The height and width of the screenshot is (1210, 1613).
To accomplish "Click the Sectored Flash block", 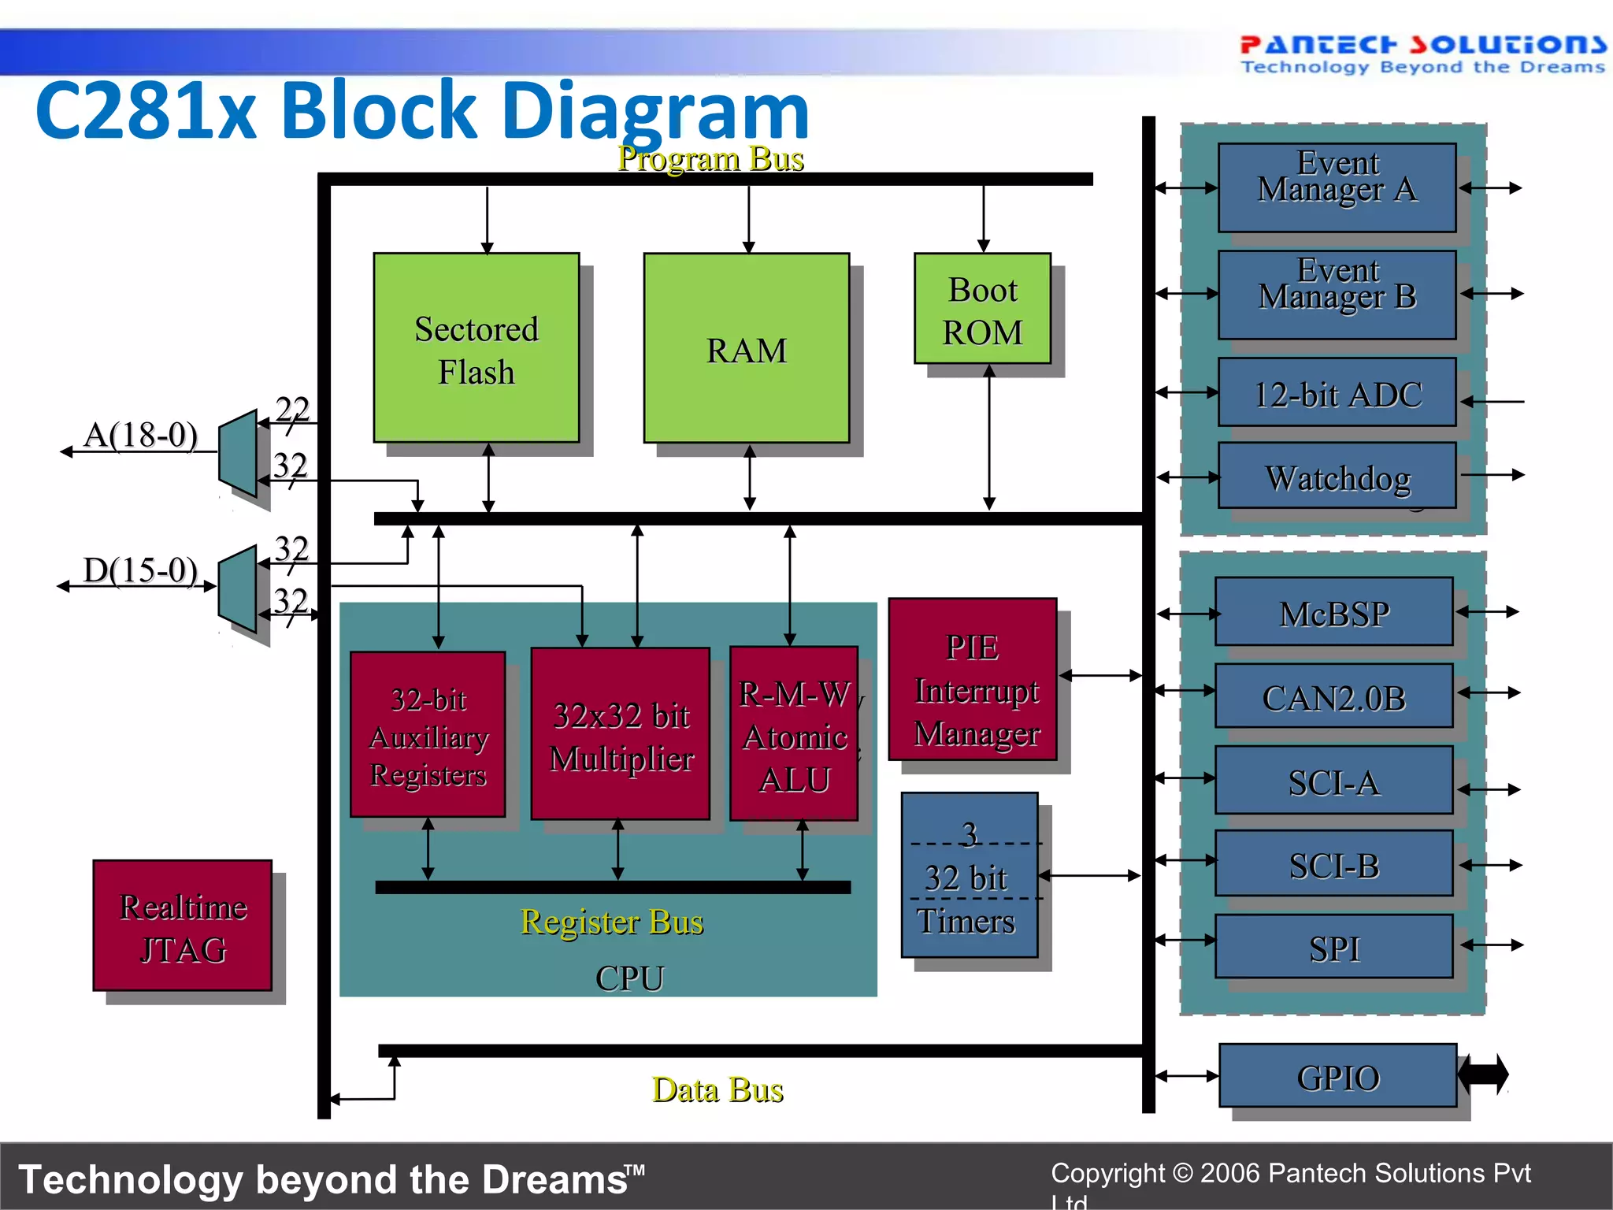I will (x=476, y=348).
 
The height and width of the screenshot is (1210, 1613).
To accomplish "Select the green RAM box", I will (x=746, y=348).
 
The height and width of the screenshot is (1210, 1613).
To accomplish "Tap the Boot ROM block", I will (x=982, y=309).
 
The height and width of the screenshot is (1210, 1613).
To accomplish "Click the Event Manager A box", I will (x=1337, y=187).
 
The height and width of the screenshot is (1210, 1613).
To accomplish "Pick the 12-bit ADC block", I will (x=1337, y=393).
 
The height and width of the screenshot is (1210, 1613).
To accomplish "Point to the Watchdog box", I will (x=1337, y=476).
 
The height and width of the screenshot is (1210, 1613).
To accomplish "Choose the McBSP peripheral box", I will (x=1333, y=612).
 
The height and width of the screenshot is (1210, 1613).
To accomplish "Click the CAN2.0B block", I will (x=1333, y=696).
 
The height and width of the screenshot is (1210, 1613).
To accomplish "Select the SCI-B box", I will (x=1333, y=864).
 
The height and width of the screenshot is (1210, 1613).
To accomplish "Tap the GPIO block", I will (x=1337, y=1076).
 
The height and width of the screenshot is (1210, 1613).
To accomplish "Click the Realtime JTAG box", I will (x=183, y=926).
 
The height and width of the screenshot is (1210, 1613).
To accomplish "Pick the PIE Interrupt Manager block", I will (x=973, y=680).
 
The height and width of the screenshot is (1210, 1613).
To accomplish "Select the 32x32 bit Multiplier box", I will (x=621, y=734).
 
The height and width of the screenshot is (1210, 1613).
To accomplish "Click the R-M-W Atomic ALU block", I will (x=794, y=734).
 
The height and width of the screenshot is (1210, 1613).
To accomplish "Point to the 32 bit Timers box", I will (x=969, y=876).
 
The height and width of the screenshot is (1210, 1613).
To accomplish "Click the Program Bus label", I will (x=710, y=158).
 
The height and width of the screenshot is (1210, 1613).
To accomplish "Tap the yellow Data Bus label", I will (x=718, y=1090).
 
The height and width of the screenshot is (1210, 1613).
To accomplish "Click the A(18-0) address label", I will (x=140, y=435).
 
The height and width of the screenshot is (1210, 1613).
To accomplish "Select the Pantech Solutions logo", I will (x=1422, y=54).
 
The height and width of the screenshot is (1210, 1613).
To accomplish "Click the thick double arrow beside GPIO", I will (x=1484, y=1075).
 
